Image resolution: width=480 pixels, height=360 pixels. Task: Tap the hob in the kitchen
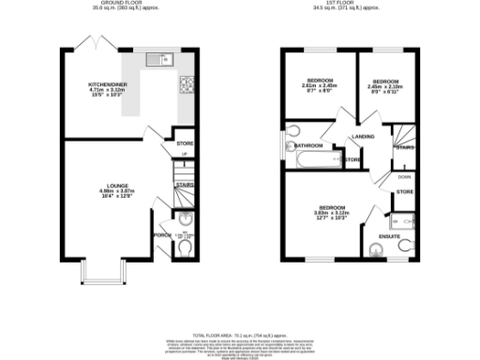(186, 83)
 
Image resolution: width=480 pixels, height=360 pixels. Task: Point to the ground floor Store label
(184, 143)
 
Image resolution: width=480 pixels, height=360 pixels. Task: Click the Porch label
(161, 235)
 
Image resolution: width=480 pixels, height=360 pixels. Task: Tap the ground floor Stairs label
(184, 185)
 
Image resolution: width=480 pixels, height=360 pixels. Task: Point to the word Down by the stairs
(404, 176)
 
